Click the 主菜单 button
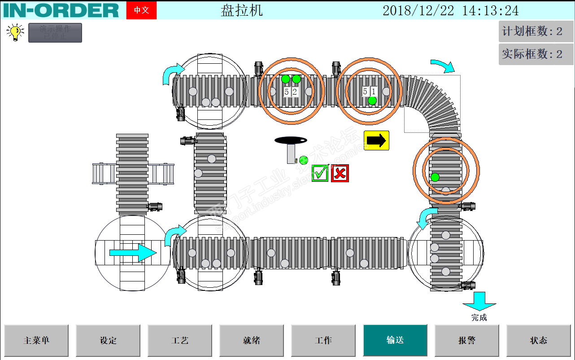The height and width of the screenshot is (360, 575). pos(36,340)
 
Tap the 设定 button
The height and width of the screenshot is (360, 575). pos(108,340)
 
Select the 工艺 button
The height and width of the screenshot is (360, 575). pos(180,340)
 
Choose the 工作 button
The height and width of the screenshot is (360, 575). pos(323,340)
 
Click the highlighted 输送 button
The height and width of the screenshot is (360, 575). pos(395,340)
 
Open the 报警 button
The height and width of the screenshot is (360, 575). pos(467,340)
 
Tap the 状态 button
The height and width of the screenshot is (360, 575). pos(539,340)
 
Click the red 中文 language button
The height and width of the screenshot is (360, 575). pos(141,10)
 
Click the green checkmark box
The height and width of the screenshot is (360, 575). pos(320,173)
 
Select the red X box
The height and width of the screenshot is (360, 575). pos(340,173)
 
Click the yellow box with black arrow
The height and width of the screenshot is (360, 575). pos(376,140)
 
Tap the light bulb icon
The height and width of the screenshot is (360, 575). pos(15,33)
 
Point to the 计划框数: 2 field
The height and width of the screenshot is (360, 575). pos(536,31)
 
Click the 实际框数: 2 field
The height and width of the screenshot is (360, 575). pos(536,54)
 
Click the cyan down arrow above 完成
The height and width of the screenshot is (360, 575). pos(479,301)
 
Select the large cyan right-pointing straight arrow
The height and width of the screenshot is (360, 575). pos(133,253)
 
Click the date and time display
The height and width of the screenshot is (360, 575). pos(450,10)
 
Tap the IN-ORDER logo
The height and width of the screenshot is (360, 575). pos(61,10)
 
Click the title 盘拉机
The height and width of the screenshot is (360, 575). pos(242,10)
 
